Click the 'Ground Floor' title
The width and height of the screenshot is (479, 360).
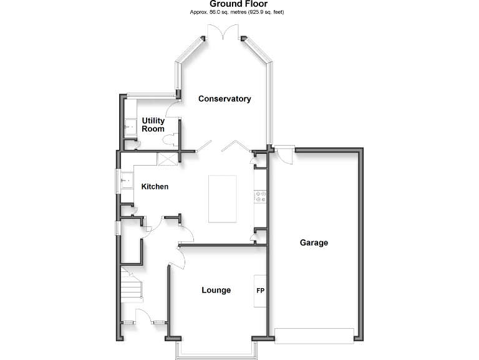coord(239,4)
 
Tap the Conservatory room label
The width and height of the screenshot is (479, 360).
coord(225,99)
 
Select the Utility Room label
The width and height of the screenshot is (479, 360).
coord(153,124)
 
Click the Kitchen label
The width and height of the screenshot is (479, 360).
coord(155,187)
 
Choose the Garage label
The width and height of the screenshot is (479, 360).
coord(314,242)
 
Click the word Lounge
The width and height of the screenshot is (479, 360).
coord(216,290)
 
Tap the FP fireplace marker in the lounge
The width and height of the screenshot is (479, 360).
coord(260,291)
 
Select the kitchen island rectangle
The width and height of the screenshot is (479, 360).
coord(223,199)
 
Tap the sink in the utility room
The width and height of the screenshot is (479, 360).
coord(130,127)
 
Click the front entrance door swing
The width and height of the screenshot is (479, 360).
coord(142,316)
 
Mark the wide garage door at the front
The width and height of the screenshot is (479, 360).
coord(316,336)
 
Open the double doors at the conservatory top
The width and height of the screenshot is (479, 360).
coord(223,32)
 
